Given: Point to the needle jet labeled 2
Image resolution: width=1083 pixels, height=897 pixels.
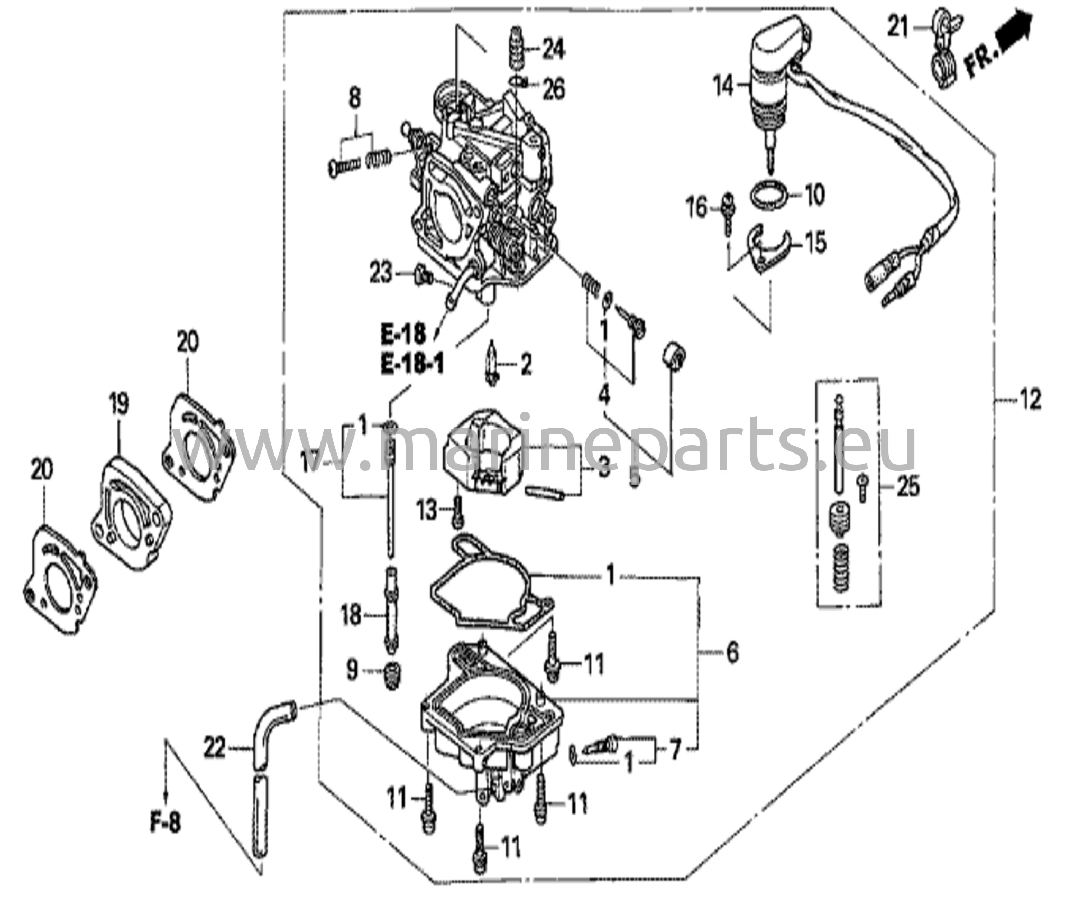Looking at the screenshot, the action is [492, 364].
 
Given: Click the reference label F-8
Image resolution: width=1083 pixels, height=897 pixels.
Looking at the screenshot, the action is [164, 824].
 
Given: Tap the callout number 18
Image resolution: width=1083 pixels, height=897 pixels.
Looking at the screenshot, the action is [351, 615].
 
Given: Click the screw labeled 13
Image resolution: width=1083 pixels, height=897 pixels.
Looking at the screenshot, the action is [458, 512].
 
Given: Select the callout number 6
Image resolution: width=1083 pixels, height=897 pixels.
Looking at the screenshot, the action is [732, 653].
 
